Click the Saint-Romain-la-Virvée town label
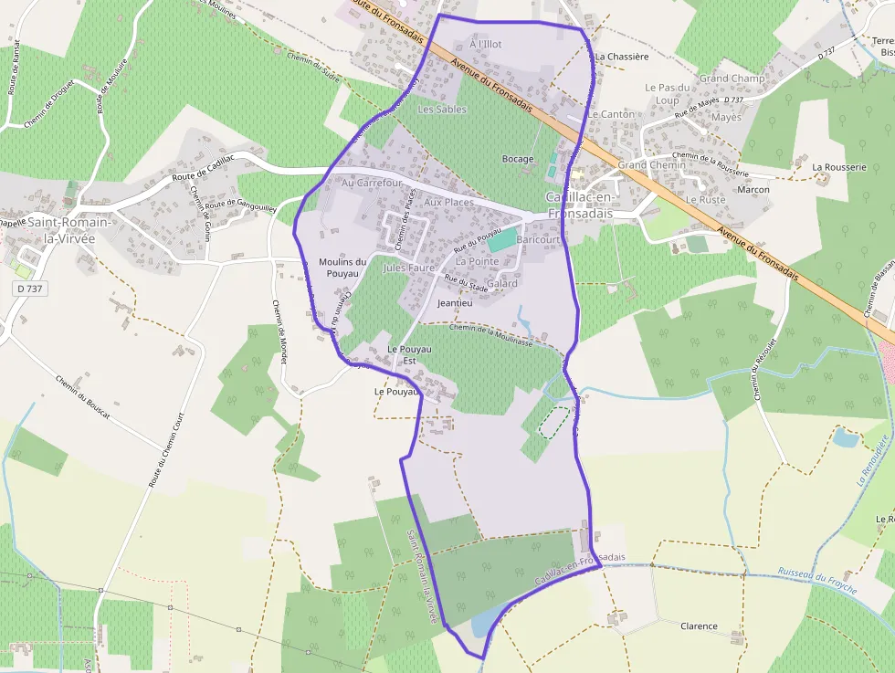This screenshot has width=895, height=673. [x=69, y=230]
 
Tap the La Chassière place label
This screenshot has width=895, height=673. [x=622, y=56]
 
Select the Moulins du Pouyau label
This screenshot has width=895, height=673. [x=342, y=268]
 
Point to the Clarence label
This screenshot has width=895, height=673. [x=700, y=626]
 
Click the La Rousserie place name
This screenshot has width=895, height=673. [x=838, y=167]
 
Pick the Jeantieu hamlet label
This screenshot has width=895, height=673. [x=455, y=302]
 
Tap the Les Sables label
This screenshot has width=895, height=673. [x=442, y=110]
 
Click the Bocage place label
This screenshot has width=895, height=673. [x=518, y=159]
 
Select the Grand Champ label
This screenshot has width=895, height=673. [x=732, y=79]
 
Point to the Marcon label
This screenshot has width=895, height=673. [x=753, y=190]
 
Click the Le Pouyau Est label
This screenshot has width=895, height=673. [x=408, y=354]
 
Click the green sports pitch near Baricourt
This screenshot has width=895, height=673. [x=501, y=240]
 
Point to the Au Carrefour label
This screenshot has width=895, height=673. [x=372, y=183]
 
